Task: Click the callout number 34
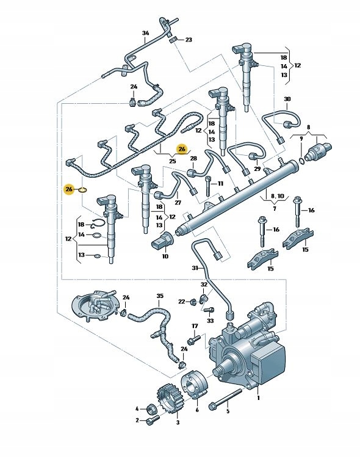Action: [145, 33]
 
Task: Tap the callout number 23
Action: [189, 40]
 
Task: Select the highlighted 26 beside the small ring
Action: [69, 189]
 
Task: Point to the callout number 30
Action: [287, 99]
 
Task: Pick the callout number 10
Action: [165, 256]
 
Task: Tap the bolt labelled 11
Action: [207, 186]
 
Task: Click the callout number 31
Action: [195, 267]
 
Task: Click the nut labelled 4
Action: [151, 409]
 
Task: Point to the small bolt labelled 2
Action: [153, 420]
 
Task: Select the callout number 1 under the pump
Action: [258, 398]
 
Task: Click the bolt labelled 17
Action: [194, 340]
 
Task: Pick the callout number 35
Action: [160, 296]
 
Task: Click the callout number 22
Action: [182, 301]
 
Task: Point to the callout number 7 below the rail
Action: [274, 208]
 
